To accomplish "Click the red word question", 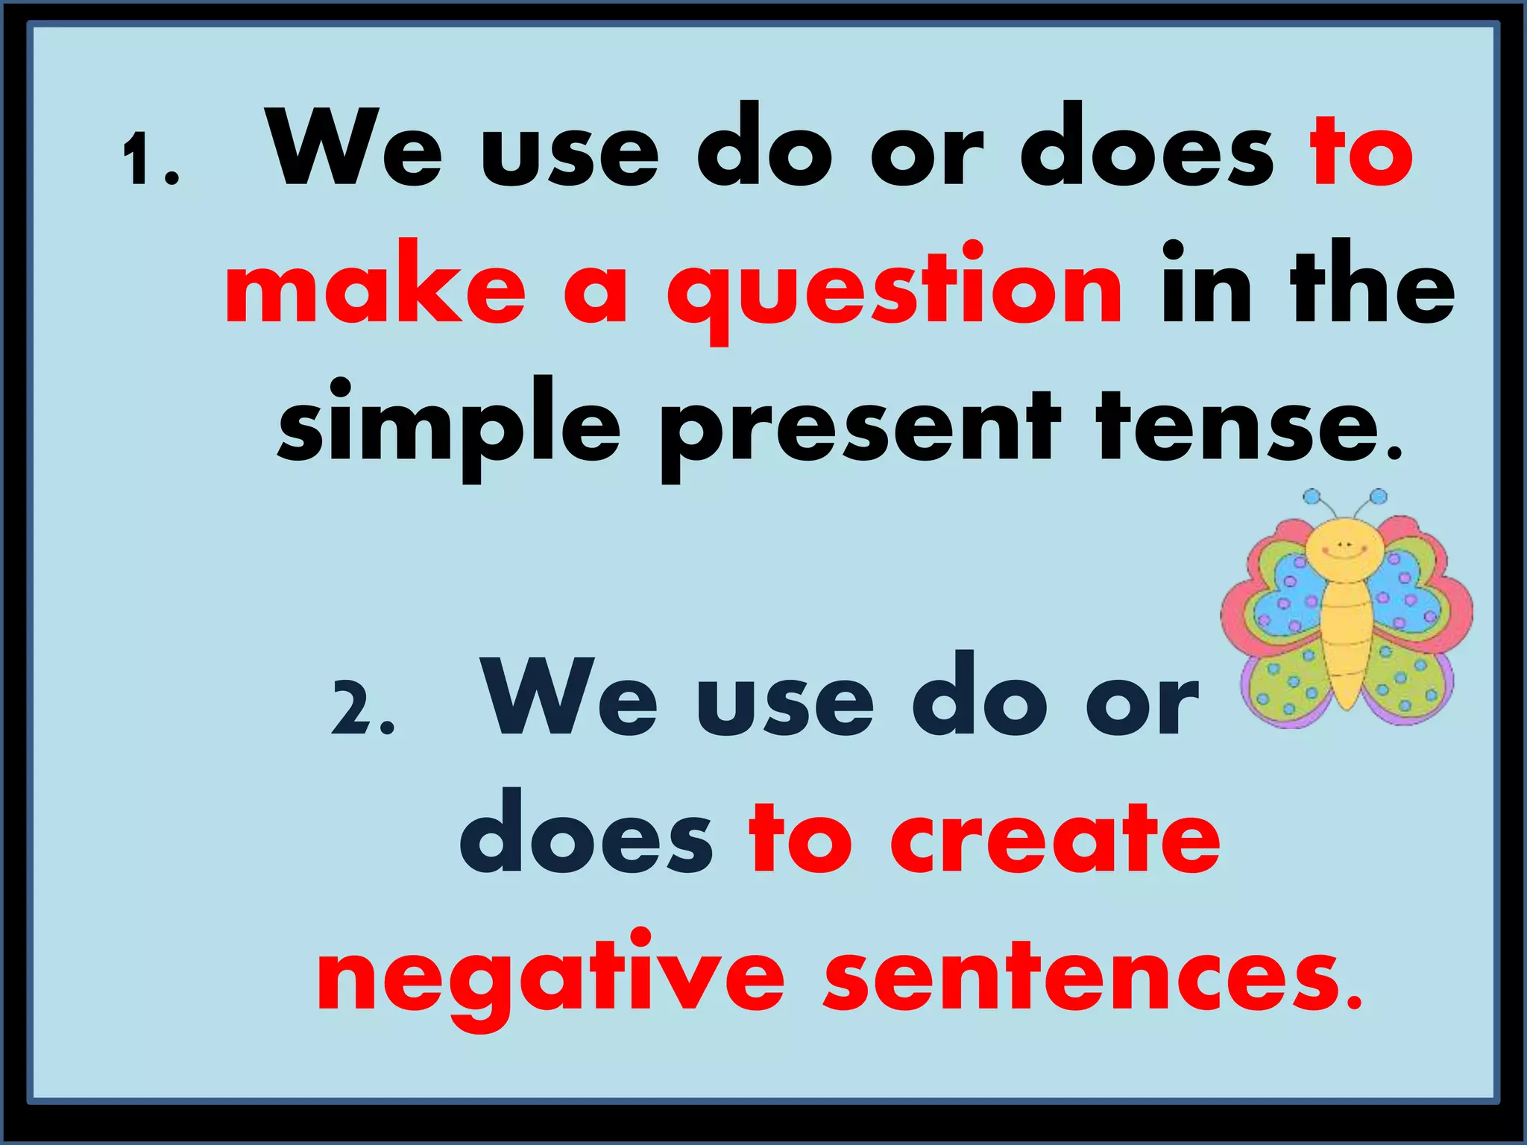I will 894,291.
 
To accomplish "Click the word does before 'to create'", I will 586,836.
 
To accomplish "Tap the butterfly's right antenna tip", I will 1379,496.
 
